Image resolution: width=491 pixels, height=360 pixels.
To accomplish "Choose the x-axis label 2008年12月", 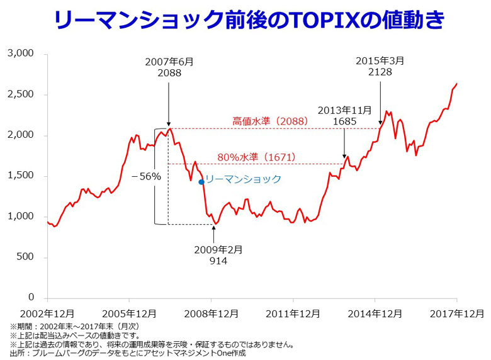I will click(211, 313).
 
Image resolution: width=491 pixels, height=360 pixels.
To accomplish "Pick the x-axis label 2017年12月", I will click(456, 313).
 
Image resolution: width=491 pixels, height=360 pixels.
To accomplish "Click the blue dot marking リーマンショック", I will click(201, 182).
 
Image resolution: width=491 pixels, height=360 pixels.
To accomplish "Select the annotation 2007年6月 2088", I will click(169, 67).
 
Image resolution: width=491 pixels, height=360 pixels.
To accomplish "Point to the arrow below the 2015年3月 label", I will click(380, 101).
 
